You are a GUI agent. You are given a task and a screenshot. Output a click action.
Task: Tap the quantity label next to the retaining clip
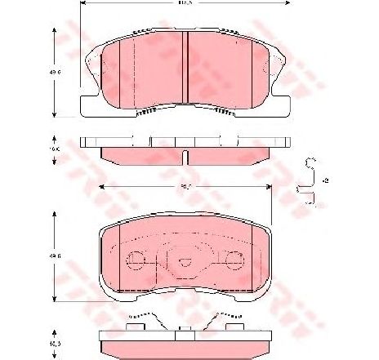(326, 180)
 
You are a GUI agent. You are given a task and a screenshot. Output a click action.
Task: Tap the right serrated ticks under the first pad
(221, 112)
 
